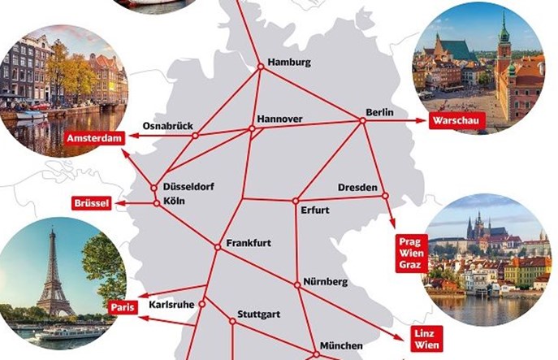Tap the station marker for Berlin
pyautogui.click(x=363, y=121)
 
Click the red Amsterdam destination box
pyautogui.click(x=99, y=138)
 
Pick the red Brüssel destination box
pyautogui.click(x=91, y=202)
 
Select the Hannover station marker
pyautogui.click(x=249, y=129)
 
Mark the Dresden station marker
pyautogui.click(x=385, y=195)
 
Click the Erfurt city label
pyautogui.click(x=314, y=210)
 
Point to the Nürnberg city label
pyautogui.click(x=325, y=281)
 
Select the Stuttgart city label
pyautogui.click(x=258, y=314)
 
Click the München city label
pyautogui.click(x=341, y=345)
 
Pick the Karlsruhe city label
pyautogui.click(x=171, y=305)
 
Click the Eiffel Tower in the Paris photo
pyautogui.click(x=54, y=272)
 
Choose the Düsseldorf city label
pyautogui.click(x=188, y=185)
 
